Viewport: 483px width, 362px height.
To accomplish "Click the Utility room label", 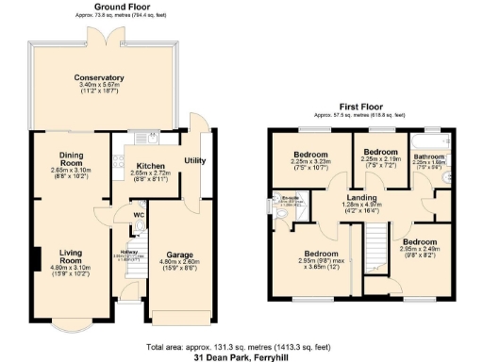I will (x=195, y=160).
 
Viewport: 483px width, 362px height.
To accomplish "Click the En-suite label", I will (x=291, y=199).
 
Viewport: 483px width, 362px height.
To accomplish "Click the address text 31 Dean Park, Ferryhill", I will (x=241, y=357).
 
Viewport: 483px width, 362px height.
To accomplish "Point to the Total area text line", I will (x=241, y=346).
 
